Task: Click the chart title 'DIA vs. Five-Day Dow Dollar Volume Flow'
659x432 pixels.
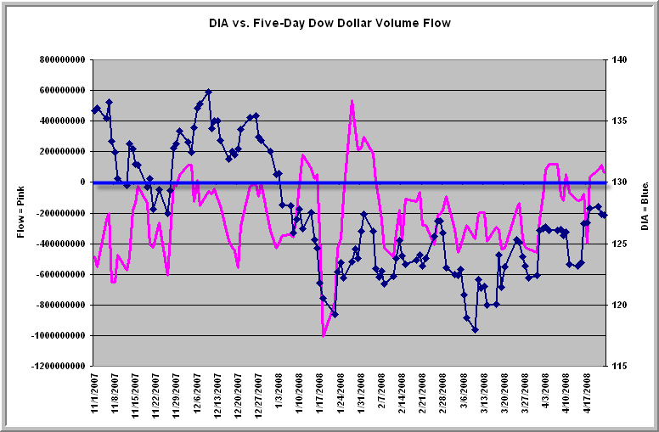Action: pyautogui.click(x=329, y=23)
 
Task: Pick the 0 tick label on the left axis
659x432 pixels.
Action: pyautogui.click(x=83, y=182)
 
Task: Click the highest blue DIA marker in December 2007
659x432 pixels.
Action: pyautogui.click(x=208, y=92)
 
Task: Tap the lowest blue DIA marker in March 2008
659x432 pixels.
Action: pyautogui.click(x=476, y=329)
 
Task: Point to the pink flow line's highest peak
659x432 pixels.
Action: pyautogui.click(x=352, y=101)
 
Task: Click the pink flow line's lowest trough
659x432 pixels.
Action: pyautogui.click(x=324, y=335)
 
